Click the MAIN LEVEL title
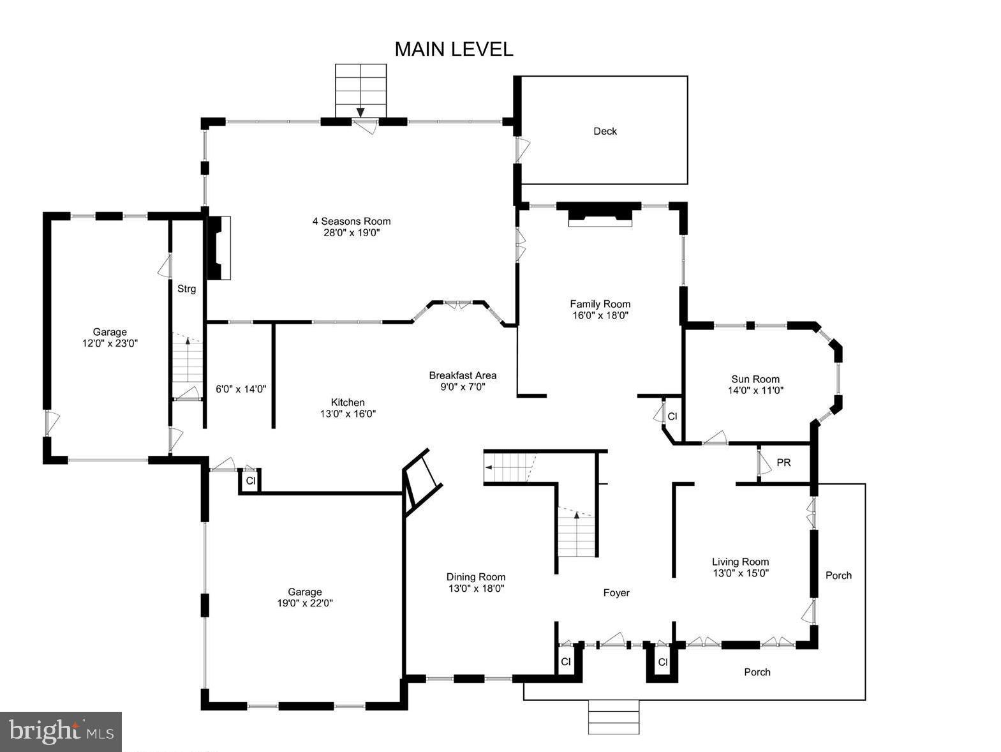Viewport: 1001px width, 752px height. tap(454, 49)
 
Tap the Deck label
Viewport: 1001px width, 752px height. tap(605, 131)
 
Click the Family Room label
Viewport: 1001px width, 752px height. tap(600, 304)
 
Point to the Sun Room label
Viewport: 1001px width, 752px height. tap(755, 379)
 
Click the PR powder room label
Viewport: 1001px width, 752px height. tap(783, 463)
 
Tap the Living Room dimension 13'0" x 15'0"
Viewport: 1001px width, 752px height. tap(740, 573)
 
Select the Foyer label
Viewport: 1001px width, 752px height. tap(616, 593)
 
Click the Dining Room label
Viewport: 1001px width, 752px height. tap(476, 576)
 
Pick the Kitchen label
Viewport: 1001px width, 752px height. tap(348, 402)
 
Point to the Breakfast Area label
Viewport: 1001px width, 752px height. tap(463, 375)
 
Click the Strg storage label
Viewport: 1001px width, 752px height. tap(186, 289)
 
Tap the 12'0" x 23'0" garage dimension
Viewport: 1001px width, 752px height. tap(110, 343)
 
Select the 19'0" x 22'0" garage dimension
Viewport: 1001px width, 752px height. tap(304, 603)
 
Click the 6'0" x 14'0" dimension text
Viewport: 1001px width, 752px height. tap(241, 389)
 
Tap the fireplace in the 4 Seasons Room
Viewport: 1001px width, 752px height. tap(218, 248)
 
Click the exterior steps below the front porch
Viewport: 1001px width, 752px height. tap(613, 717)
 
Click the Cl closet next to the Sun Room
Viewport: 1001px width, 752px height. tap(672, 417)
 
